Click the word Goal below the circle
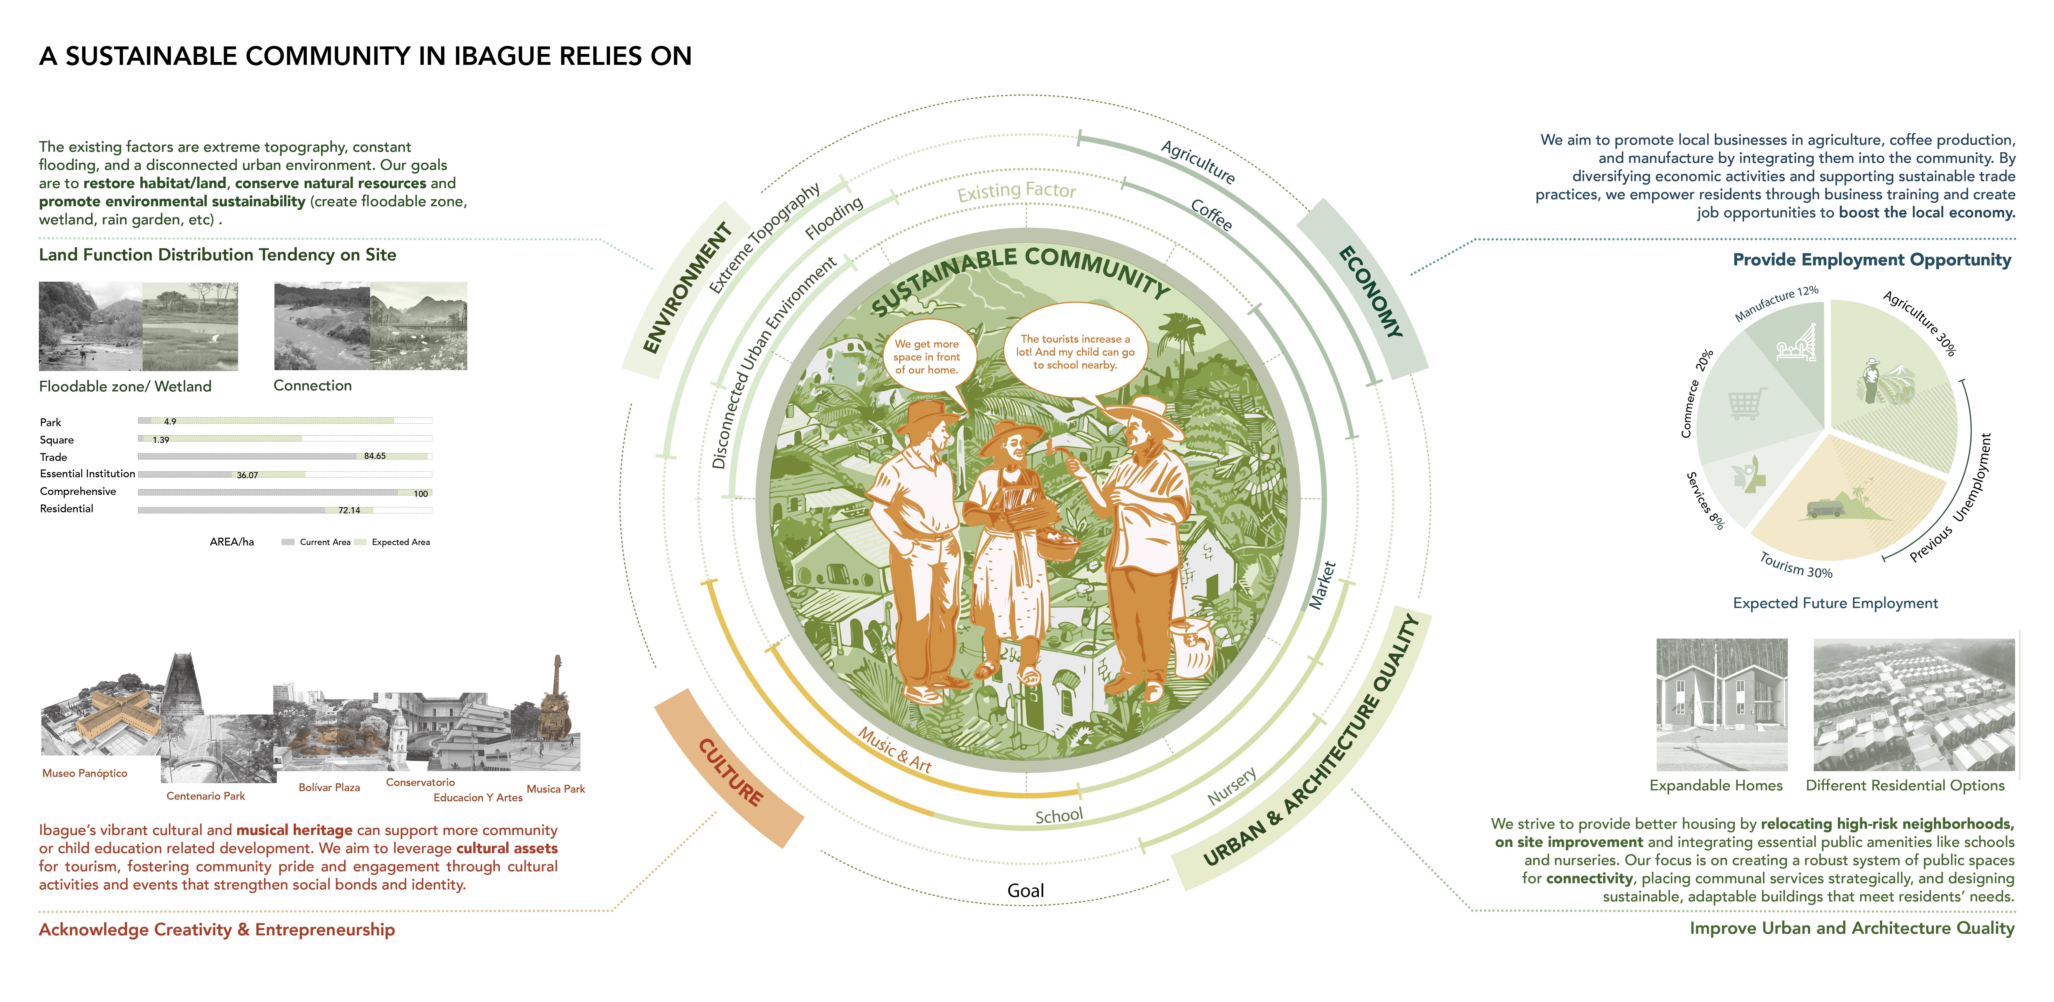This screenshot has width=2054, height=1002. point(1025,890)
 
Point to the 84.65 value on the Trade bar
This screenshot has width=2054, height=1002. point(375,456)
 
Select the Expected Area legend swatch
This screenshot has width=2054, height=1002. point(360,542)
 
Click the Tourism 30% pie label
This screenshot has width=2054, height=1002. point(1796,566)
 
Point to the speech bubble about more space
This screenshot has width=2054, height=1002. point(926,356)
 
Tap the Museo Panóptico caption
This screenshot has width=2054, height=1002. point(85,773)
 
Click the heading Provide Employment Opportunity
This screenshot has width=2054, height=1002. point(1871,260)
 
